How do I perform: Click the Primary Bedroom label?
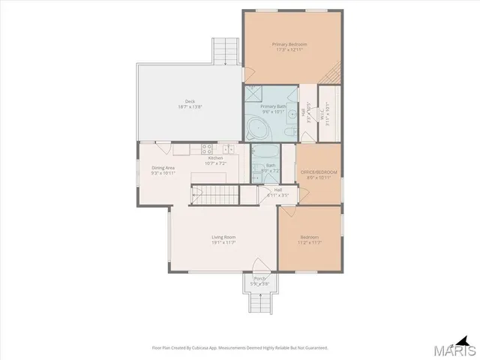290,44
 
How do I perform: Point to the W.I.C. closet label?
328,115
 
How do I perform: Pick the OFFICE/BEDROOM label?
319,172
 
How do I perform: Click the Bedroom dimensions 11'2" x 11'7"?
309,243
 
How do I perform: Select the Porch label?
259,279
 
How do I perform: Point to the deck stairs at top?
225,50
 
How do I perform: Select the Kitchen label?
215,158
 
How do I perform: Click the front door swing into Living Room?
260,265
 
